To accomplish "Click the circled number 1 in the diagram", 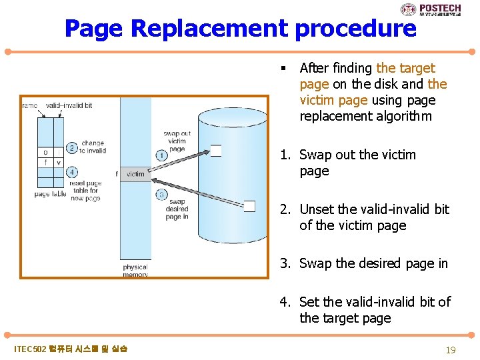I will (161, 155).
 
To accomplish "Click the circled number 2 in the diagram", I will (72, 148).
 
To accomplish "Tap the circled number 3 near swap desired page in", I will (161, 195).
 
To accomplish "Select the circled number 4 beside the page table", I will (72, 172).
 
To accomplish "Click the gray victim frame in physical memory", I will (135, 174).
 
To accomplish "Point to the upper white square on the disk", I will (215, 150).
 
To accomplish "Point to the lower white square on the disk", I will (249, 206).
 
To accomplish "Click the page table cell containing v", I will (59, 162).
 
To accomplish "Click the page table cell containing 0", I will (45, 152).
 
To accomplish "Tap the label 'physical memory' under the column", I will (135, 271).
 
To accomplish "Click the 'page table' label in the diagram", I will (49, 194).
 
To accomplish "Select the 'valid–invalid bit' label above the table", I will (69, 105).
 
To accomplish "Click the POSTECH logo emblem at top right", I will (408, 9).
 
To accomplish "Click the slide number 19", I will (450, 349).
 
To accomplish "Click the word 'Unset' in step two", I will (316, 209).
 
